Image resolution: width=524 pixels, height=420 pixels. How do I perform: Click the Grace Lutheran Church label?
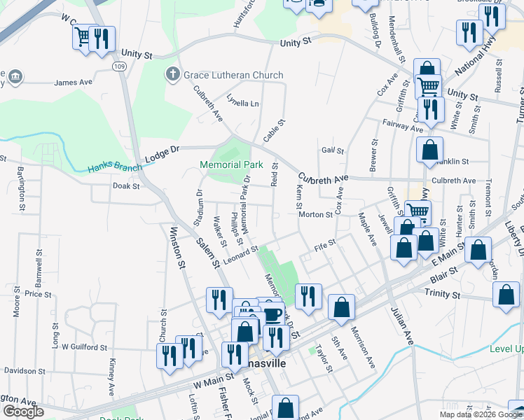pyautogui.click(x=233, y=75)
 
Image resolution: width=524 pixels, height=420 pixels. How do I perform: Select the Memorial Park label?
pyautogui.click(x=230, y=165)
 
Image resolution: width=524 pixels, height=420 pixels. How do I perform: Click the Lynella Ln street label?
pyautogui.click(x=243, y=103)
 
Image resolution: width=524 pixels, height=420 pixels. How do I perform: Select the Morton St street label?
pyautogui.click(x=315, y=215)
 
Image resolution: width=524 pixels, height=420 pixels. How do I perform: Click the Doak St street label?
pyautogui.click(x=126, y=186)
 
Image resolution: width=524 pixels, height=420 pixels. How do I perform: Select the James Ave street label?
pyautogui.click(x=74, y=83)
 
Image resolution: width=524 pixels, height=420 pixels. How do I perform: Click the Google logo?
pyautogui.click(x=23, y=412)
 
